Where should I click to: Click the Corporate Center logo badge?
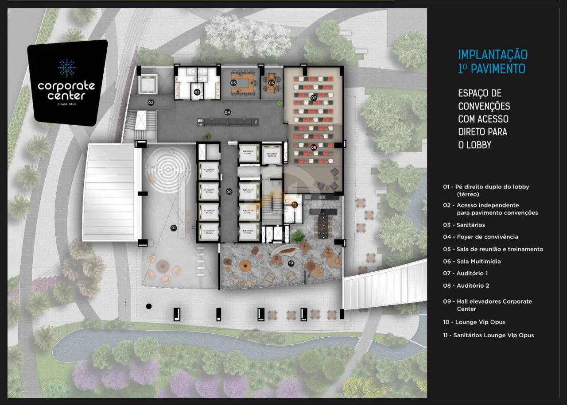click(67, 82)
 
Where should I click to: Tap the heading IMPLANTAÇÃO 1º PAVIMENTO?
click(493, 62)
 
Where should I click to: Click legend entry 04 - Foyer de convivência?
click(480, 237)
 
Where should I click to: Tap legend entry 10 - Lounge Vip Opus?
click(474, 322)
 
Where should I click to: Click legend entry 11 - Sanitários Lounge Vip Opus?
click(488, 335)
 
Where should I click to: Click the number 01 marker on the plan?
click(173, 228)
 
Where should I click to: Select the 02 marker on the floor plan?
click(151, 103)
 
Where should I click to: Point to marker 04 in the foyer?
click(227, 112)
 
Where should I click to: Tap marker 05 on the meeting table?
click(233, 83)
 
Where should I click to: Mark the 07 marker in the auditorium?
click(313, 97)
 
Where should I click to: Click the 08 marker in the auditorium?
click(313, 147)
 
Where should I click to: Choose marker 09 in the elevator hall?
click(229, 192)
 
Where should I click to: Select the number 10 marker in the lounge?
click(291, 263)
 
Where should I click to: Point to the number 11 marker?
click(295, 204)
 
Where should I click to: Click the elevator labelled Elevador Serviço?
click(271, 154)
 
